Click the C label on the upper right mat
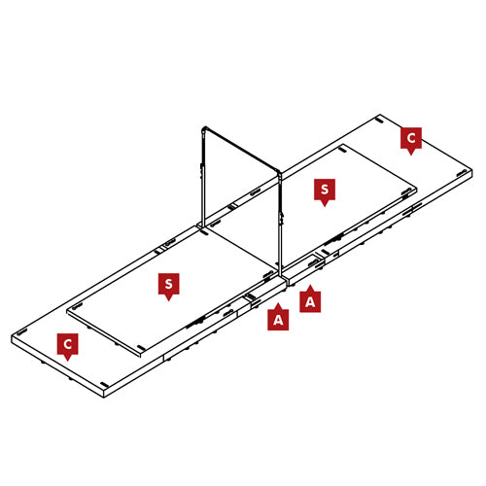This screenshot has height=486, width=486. point(411,138)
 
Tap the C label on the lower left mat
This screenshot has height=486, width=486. point(67,344)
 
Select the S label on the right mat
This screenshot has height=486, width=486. point(325,190)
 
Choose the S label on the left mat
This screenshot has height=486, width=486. point(168,284)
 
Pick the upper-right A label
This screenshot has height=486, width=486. point(310,301)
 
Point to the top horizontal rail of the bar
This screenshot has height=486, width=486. point(242,149)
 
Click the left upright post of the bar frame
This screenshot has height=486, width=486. point(203,178)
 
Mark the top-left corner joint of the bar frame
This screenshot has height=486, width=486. point(204,129)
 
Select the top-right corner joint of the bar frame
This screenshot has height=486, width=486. point(280,172)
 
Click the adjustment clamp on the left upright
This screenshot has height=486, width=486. point(201,169)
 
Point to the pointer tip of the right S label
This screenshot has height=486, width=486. point(325,207)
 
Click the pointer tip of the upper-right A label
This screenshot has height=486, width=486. point(310,285)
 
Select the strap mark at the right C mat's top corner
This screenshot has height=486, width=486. point(379,121)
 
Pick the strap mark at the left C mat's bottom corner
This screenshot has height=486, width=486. point(104,385)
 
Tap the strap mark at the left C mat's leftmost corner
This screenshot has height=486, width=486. point(21,332)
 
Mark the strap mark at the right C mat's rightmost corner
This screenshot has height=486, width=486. point(462,173)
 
